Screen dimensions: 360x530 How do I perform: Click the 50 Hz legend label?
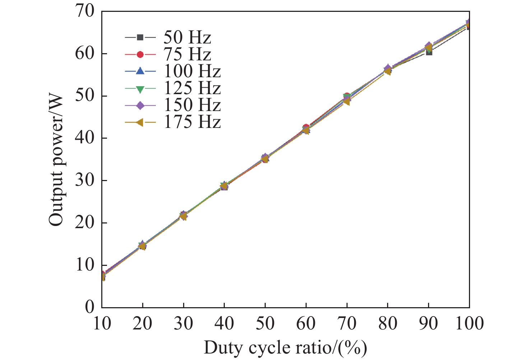coord(187,37)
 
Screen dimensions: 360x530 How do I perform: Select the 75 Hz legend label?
coord(187,54)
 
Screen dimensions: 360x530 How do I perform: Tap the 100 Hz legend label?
coord(192,71)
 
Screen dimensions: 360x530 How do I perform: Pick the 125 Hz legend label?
coord(192,88)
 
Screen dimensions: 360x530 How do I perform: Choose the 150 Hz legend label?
coord(192,105)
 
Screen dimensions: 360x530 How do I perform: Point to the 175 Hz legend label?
coord(192,122)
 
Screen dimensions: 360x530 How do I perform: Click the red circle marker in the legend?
coord(140,54)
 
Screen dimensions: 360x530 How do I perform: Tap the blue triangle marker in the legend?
coord(140,71)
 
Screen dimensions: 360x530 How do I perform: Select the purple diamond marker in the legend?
coord(140,105)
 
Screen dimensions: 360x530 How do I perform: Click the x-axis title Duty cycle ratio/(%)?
coord(285,348)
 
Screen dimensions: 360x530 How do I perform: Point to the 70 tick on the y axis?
coord(85,11)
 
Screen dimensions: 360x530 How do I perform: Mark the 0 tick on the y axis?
coord(89,308)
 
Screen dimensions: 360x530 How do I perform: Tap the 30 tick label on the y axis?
coord(85,181)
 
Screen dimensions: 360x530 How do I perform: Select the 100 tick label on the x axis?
coord(469,323)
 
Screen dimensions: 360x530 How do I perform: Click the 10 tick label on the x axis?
coord(102,323)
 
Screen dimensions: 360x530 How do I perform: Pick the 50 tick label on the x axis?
coord(265,323)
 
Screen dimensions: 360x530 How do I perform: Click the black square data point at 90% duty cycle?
coord(429,52)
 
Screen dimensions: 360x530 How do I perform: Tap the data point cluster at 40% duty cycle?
coord(224,186)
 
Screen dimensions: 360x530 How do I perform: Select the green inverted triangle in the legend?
coord(140,88)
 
